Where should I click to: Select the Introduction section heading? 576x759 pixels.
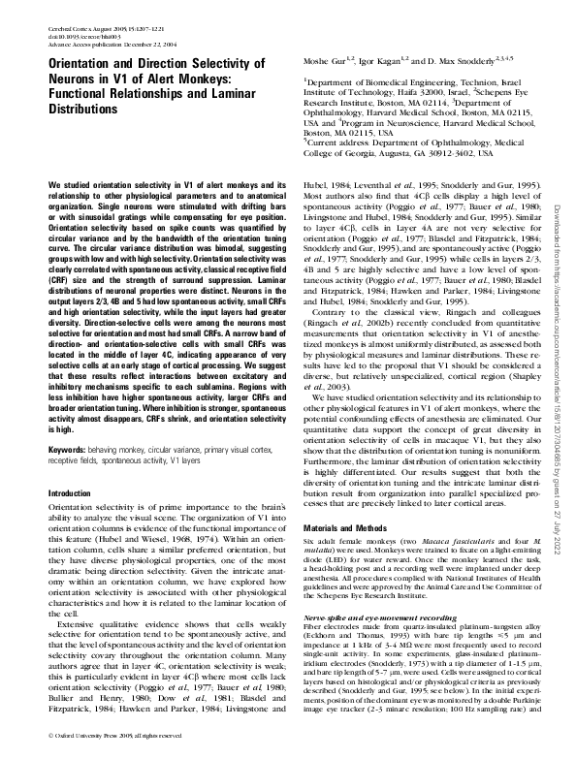pos(75,494)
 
